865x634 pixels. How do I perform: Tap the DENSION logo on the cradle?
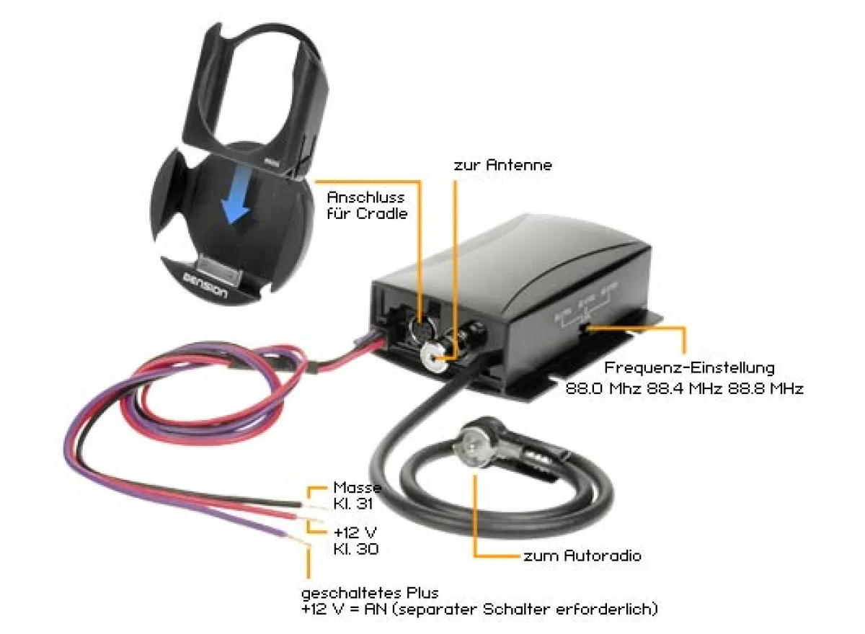coord(205,285)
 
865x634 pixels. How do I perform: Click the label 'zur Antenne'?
coord(502,165)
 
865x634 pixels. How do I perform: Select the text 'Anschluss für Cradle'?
coord(367,205)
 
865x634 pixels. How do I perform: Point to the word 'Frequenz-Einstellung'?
coord(690,368)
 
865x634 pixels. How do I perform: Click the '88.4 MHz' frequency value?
coord(685,388)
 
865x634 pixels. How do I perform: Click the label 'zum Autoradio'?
coord(582,556)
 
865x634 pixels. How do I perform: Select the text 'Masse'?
coord(357,488)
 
